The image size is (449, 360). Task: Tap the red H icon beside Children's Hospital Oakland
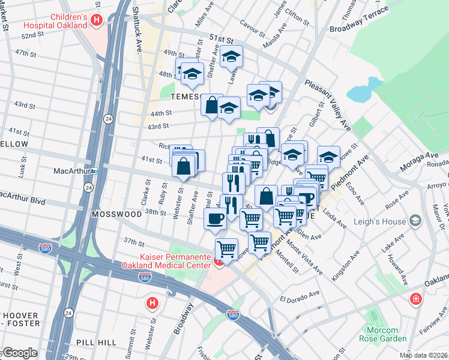point(97,21)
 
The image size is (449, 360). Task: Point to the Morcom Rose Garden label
point(382,335)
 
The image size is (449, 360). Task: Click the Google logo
point(19,353)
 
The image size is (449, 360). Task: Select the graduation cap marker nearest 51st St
point(231,57)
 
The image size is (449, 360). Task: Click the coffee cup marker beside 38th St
point(215,219)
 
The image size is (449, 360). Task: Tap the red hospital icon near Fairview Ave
point(415,299)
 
